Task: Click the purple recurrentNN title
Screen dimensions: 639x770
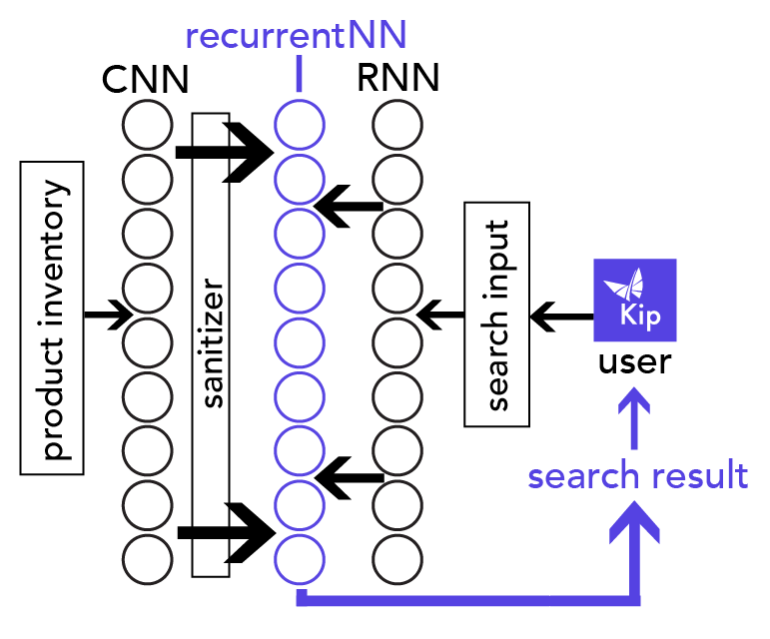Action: [297, 36]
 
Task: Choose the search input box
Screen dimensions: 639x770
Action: [497, 316]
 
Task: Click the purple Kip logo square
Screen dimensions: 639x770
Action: [635, 301]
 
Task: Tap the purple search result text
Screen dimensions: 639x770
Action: [637, 476]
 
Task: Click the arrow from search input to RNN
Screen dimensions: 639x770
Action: [440, 317]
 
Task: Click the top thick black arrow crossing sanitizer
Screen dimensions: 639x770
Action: [225, 151]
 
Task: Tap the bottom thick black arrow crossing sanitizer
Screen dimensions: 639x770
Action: [225, 533]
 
